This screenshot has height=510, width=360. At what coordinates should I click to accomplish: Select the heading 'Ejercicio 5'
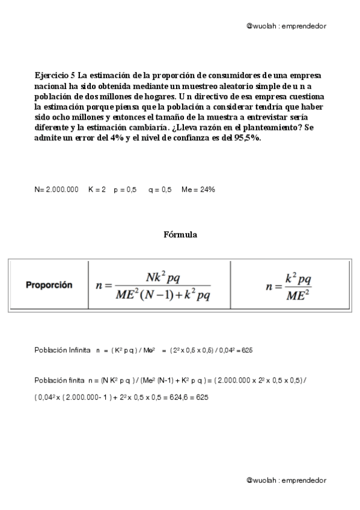(55, 75)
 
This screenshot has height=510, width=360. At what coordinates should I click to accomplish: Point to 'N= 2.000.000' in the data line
(56, 189)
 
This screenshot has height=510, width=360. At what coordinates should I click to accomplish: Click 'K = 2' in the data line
(97, 189)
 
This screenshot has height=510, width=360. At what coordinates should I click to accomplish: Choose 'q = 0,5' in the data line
(160, 189)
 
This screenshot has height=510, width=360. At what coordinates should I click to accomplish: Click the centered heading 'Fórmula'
(180, 235)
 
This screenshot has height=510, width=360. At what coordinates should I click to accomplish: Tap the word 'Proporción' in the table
(49, 285)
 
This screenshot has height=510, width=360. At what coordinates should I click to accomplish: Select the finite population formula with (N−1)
(153, 285)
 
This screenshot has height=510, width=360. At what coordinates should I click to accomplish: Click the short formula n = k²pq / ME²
(289, 285)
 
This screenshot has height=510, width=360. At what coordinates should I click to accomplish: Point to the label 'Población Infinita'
(63, 349)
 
